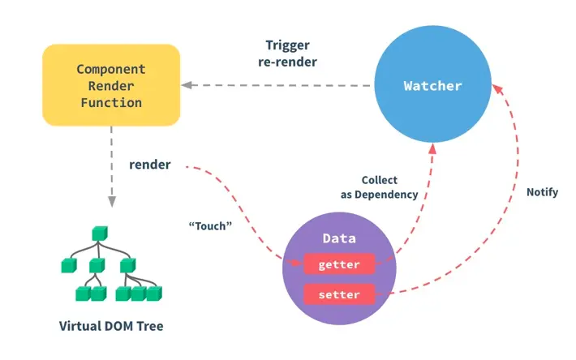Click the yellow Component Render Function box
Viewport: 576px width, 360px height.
[x=111, y=85]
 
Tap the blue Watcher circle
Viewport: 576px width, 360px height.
[x=432, y=84]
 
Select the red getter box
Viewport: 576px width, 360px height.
[x=339, y=264]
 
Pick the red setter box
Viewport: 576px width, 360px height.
[x=339, y=294]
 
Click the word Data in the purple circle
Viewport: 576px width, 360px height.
[x=339, y=238]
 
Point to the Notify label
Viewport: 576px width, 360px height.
[x=542, y=192]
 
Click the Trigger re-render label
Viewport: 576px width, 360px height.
[x=288, y=54]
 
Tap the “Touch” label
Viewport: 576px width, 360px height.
[x=210, y=225]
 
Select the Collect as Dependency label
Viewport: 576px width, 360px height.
[x=380, y=187]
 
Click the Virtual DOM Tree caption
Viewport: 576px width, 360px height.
[x=111, y=326]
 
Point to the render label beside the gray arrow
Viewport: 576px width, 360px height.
[x=150, y=165]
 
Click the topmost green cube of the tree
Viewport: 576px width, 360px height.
[x=100, y=234]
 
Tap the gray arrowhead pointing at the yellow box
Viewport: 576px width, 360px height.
[x=187, y=85]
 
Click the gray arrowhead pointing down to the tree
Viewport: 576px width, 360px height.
[x=112, y=201]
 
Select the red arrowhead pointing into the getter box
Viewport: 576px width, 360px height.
[x=296, y=263]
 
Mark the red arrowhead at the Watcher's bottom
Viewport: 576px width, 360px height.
[x=432, y=148]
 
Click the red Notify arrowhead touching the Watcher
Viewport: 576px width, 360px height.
[x=497, y=89]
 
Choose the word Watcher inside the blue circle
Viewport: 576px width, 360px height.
[x=432, y=86]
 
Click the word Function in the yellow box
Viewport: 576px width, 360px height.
[x=111, y=103]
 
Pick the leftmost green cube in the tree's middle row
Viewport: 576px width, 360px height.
[x=69, y=266]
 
